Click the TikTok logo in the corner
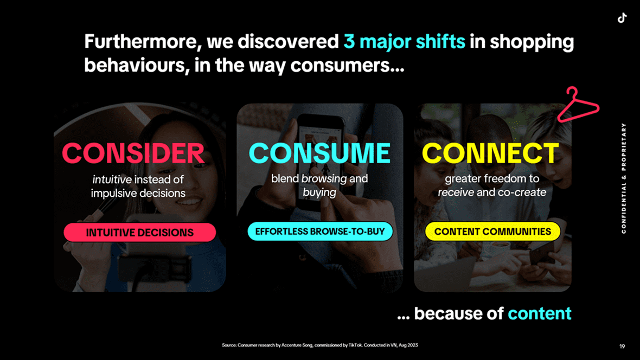point(622,18)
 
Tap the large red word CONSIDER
point(133,153)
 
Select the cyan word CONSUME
point(319,153)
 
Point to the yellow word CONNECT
point(491,153)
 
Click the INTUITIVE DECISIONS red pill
point(139,232)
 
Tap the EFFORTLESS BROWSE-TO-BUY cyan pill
point(320,232)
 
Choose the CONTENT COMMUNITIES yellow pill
point(492,232)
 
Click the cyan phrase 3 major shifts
point(404,42)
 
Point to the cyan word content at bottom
point(540,313)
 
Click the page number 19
point(622,346)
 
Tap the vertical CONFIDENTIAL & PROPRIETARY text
point(624,178)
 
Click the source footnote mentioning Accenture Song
point(320,345)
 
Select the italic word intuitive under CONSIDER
point(112,179)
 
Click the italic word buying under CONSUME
point(319,192)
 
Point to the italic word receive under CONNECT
point(456,192)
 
